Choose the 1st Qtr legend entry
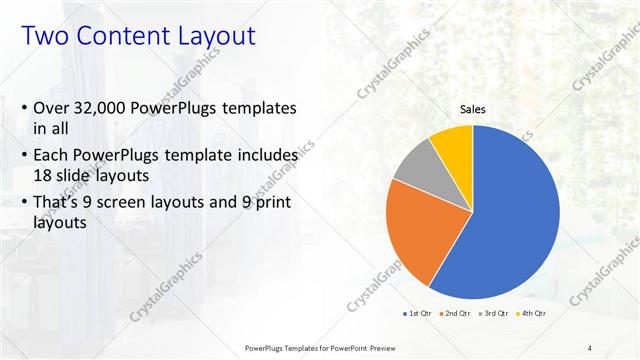(417, 313)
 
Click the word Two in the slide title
(46, 37)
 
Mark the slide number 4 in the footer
(589, 347)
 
